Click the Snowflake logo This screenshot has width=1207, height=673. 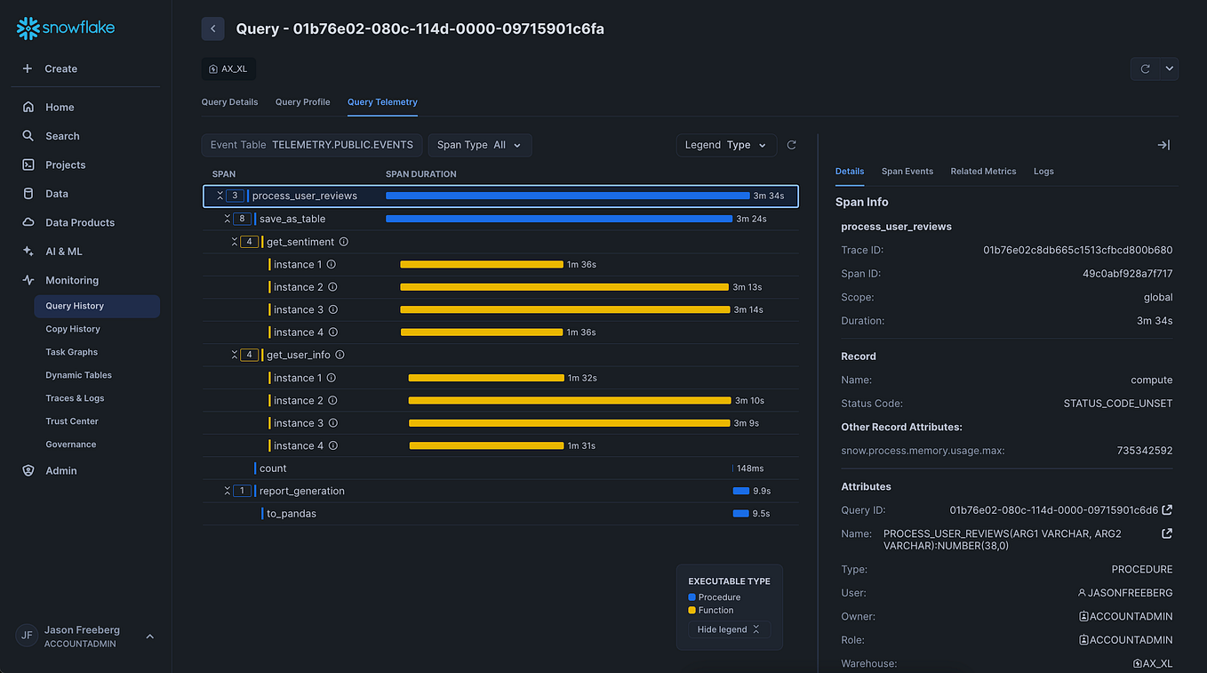click(66, 28)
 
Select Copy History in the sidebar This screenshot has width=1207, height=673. click(73, 329)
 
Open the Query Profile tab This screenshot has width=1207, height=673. click(302, 102)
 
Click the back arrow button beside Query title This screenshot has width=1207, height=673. click(213, 28)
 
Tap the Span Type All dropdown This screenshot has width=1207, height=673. click(480, 145)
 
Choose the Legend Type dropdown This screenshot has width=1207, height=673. click(725, 145)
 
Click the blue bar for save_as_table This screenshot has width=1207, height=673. click(558, 219)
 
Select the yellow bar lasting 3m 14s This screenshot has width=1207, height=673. click(564, 309)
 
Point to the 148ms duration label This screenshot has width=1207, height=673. click(750, 469)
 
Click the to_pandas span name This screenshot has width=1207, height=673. click(292, 514)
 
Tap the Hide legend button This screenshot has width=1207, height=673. click(728, 629)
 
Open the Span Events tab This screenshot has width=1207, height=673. click(907, 172)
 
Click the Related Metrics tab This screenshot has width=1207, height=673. click(983, 172)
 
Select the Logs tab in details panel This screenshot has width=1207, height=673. click(1043, 172)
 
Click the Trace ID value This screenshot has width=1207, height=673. click(1077, 251)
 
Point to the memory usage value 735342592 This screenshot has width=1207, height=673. click(1144, 451)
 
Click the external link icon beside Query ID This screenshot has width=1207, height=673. click(1167, 510)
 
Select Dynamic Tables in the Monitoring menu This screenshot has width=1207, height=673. click(78, 375)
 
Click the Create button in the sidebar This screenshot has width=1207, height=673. click(60, 68)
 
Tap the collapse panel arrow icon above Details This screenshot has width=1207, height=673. click(1163, 145)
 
